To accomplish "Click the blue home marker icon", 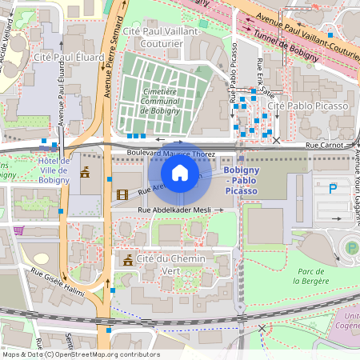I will click(x=180, y=173).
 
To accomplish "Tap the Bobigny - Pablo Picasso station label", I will click(x=240, y=182).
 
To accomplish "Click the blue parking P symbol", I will click(x=334, y=188).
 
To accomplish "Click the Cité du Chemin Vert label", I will click(x=171, y=265).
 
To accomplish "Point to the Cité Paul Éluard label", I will click(x=68, y=57).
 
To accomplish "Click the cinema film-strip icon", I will click(x=122, y=194).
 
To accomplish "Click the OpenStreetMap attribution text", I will click(x=81, y=354).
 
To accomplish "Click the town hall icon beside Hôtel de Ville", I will click(x=85, y=171).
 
